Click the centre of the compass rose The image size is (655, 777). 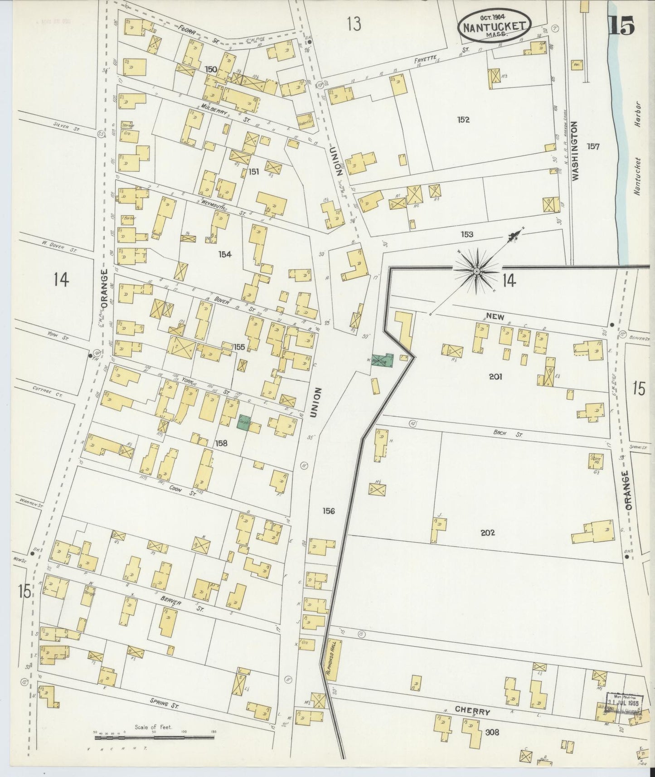(476, 271)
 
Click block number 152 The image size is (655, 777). (463, 120)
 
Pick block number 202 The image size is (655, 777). (488, 533)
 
